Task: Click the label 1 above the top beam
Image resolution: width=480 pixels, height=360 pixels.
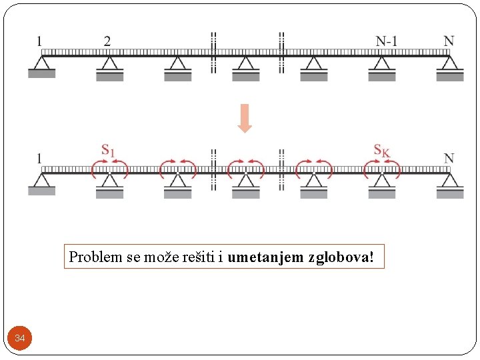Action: tap(39, 41)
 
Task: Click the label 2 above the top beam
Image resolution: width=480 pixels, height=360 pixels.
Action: tap(107, 41)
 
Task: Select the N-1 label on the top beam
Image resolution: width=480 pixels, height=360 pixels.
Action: tap(387, 41)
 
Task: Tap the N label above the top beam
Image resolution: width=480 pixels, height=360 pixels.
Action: tap(449, 41)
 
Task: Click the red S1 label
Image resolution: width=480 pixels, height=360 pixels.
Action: tap(108, 151)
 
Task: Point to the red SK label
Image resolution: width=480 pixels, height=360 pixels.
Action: tap(381, 151)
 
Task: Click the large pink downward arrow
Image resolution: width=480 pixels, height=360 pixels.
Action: tap(245, 118)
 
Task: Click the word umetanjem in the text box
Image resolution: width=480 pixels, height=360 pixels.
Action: tap(265, 257)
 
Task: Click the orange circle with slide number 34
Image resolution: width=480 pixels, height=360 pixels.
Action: tap(20, 339)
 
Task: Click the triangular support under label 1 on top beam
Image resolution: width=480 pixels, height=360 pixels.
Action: tap(41, 64)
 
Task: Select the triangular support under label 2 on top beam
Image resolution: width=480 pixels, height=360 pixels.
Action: tap(109, 64)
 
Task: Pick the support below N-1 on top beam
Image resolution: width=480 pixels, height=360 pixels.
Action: tap(382, 64)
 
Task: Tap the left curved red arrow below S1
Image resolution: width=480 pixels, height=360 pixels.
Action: tap(96, 170)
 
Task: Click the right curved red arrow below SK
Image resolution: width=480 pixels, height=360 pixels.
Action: tap(395, 170)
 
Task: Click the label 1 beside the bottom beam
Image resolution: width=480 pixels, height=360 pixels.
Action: tap(39, 159)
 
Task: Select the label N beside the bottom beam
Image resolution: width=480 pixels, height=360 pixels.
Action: tap(449, 159)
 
